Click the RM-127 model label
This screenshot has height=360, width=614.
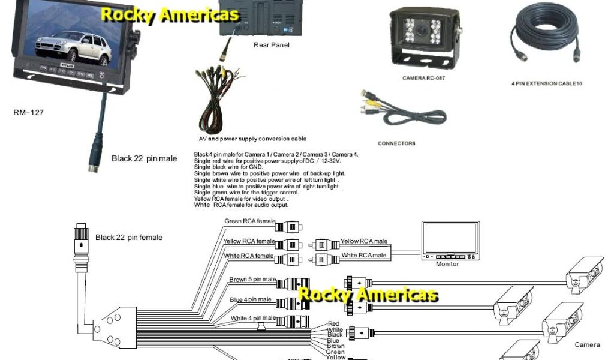tap(29, 112)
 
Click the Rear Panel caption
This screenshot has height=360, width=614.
tap(271, 46)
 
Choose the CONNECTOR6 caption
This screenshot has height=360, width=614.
tap(396, 143)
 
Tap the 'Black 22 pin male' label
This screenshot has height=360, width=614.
tap(144, 159)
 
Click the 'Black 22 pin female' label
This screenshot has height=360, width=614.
tap(128, 238)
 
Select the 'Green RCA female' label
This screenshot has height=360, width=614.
tap(249, 221)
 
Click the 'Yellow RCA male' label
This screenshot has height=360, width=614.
tap(363, 241)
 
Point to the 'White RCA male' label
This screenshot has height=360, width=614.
tap(363, 256)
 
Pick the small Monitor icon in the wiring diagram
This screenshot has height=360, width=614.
tap(450, 240)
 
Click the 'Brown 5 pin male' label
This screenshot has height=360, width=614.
tap(252, 280)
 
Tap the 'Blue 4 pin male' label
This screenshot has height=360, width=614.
tap(250, 299)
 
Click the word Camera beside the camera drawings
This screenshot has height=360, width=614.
tap(587, 345)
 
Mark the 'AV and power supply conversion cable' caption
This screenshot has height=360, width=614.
tap(252, 139)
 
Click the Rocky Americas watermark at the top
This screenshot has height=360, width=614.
tap(170, 15)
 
